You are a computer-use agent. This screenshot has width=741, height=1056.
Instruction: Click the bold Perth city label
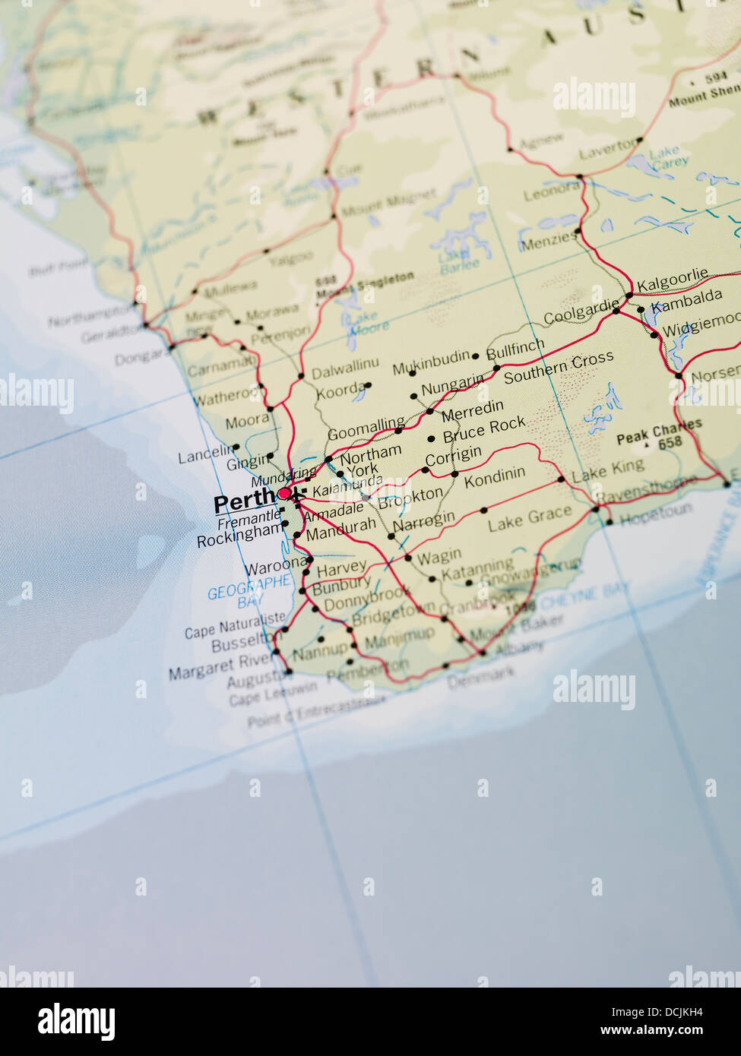244,502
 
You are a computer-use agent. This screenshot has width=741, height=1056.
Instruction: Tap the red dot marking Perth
283,494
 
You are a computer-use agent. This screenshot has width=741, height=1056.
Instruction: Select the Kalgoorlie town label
672,280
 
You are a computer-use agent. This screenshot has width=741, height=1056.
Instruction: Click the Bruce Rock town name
484,429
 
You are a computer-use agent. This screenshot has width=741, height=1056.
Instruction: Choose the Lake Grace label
529,519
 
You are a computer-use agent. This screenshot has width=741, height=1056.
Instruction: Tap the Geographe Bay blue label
249,591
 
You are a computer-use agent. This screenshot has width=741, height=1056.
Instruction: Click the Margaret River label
220,666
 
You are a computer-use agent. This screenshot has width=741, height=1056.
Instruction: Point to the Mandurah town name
340,529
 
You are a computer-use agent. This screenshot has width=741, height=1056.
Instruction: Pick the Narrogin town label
424,522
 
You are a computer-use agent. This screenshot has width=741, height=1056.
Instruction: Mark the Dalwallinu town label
345,369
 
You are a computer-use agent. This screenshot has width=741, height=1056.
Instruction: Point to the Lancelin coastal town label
204,455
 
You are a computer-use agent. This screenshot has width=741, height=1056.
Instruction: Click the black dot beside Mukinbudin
476,356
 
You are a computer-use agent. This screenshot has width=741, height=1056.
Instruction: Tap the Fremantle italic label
248,520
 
